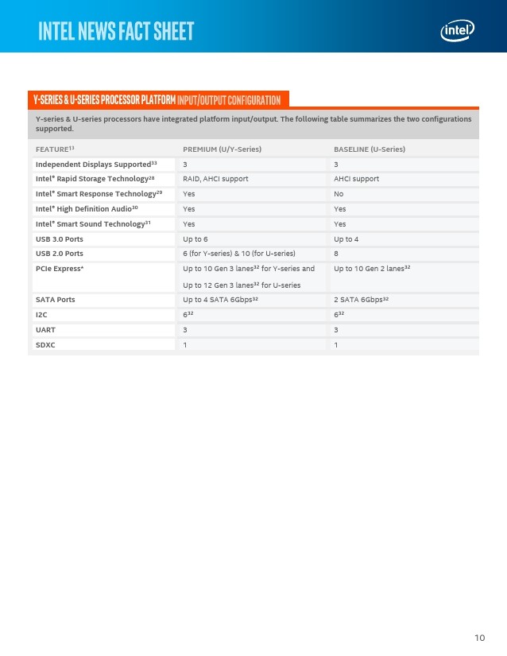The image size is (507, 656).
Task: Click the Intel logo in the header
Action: coord(458,31)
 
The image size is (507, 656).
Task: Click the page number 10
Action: coord(479,638)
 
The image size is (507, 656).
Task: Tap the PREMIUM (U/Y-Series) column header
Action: coord(222,149)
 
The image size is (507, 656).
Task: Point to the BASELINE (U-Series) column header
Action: coord(370,149)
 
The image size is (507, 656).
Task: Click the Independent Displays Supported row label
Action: coord(96,164)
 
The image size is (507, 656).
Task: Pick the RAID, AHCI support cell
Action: coord(215,179)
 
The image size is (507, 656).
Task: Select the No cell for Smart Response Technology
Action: coord(339,194)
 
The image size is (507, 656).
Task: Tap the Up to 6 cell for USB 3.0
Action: coord(195,239)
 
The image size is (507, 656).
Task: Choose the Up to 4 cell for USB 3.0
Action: coord(346,239)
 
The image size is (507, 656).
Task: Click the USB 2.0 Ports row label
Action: coord(59,254)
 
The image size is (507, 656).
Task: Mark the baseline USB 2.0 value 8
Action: coord(337,254)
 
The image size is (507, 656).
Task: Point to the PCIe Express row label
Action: coord(60,269)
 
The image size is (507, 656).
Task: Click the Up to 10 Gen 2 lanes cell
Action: coord(372,269)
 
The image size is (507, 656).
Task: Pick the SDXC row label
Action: coord(46,344)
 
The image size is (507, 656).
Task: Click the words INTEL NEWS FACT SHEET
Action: coord(116,32)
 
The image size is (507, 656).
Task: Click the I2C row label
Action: coord(42,315)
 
